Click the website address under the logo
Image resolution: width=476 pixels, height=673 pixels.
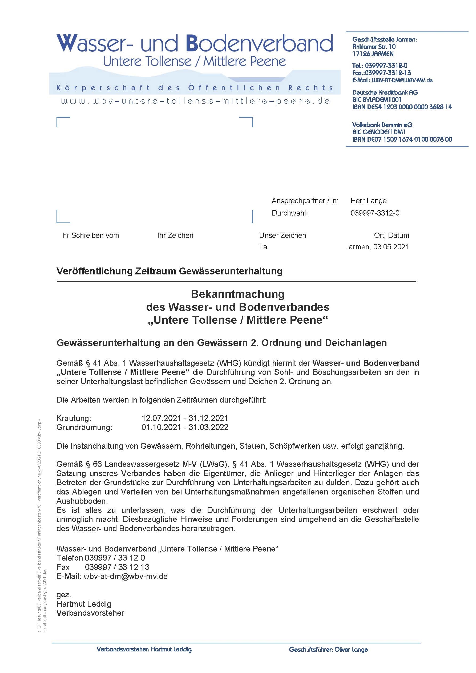pos(196,102)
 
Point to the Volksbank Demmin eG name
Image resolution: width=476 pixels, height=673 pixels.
pos(382,125)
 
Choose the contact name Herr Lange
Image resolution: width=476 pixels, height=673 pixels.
pos(368,201)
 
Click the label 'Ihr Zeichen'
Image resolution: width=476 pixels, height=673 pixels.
pos(175,235)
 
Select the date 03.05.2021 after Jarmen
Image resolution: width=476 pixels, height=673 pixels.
pos(391,247)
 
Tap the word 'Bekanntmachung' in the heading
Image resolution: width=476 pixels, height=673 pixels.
pos(237,294)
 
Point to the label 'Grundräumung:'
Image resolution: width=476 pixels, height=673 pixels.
pos(84,427)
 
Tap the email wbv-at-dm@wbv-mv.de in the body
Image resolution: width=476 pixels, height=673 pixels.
pos(126,576)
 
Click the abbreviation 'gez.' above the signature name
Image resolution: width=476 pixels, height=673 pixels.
pos(64,594)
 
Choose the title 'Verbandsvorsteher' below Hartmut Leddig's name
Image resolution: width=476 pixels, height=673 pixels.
pos(90,613)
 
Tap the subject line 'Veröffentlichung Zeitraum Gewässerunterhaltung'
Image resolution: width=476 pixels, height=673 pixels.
pos(169,271)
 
